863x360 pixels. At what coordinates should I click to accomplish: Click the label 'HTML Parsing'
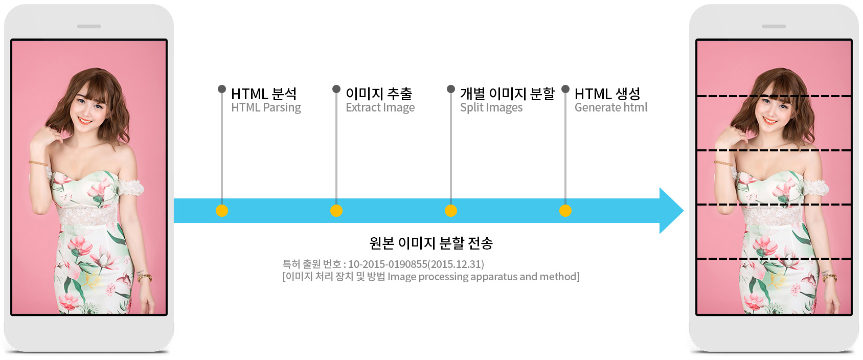[266, 107]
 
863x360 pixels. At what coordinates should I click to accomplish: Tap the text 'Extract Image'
[380, 107]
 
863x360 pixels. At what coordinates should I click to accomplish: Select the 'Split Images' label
[491, 107]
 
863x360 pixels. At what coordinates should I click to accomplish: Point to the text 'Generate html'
[610, 107]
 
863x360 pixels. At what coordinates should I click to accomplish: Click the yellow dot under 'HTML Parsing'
[222, 211]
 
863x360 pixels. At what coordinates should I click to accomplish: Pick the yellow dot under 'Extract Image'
[336, 211]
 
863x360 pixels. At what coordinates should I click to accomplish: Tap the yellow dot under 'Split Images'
[451, 211]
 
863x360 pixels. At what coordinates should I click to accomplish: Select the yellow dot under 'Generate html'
[565, 211]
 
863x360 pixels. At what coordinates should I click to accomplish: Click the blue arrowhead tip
[684, 211]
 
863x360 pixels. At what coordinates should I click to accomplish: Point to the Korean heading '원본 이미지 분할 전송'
[430, 243]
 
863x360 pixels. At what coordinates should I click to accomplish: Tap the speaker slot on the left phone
[89, 27]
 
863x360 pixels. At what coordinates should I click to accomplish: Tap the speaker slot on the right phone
[774, 27]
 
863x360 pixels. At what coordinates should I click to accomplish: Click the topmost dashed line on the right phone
[774, 96]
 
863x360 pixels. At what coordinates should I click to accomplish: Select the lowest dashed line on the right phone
[774, 259]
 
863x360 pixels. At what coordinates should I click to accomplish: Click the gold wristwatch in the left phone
[145, 277]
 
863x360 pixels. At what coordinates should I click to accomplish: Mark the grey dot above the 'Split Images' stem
[451, 89]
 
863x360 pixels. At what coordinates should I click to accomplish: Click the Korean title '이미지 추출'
[379, 94]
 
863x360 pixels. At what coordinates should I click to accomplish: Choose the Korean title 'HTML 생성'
[607, 94]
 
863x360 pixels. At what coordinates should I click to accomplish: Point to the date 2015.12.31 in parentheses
[456, 264]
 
